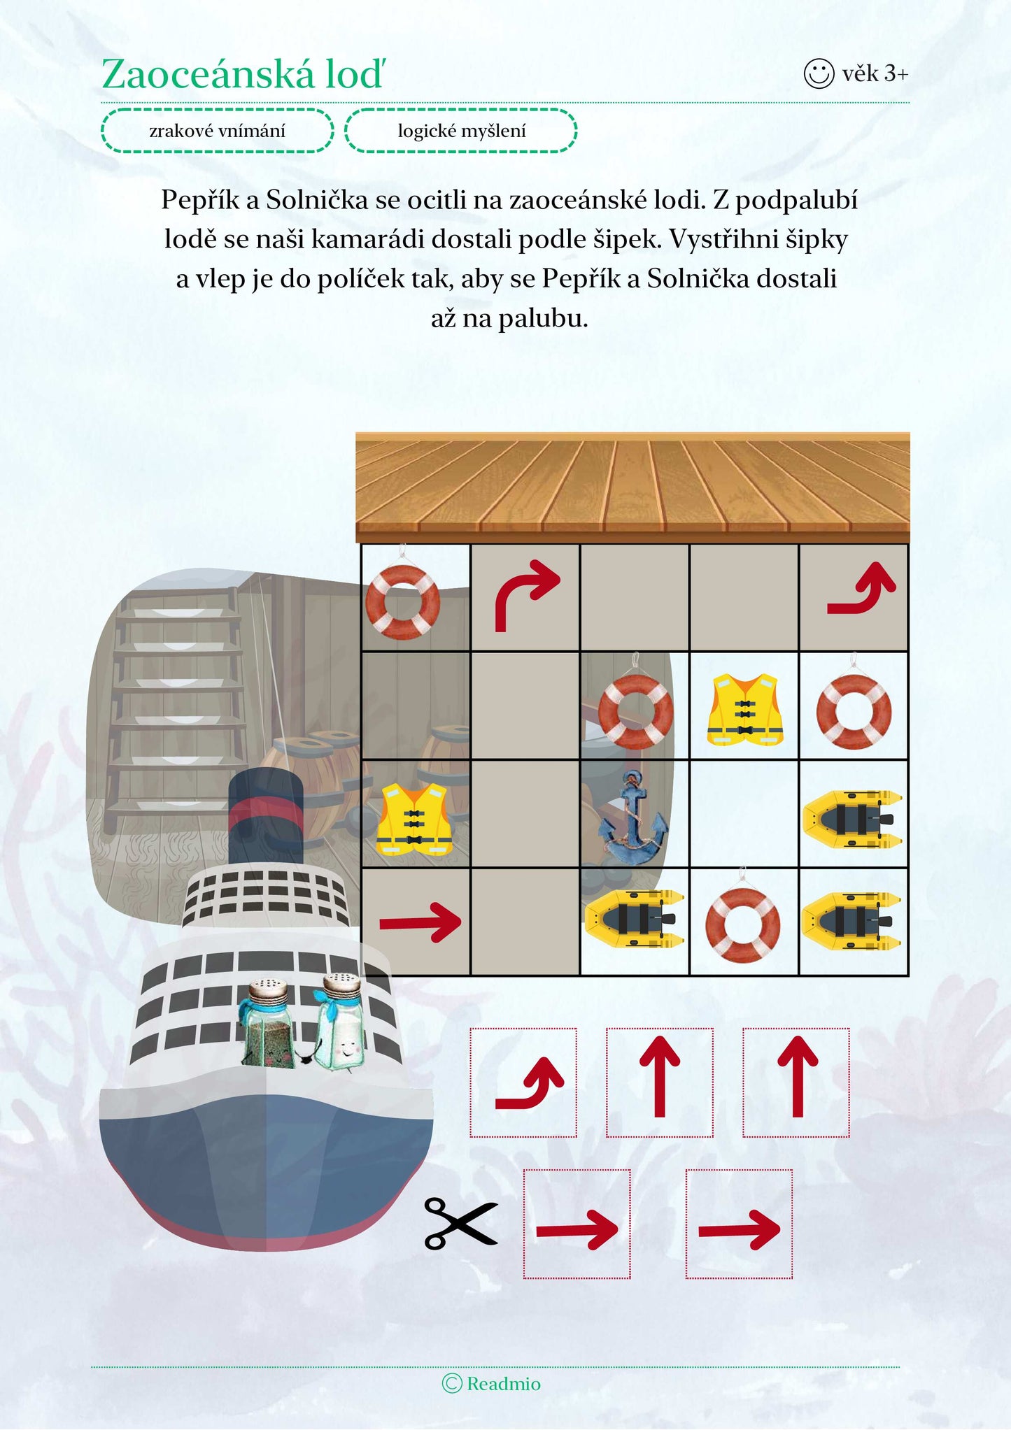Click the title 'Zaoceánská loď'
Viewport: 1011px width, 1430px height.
[243, 73]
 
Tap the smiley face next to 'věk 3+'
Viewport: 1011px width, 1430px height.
[819, 73]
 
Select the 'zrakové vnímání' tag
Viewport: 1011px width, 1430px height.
[218, 131]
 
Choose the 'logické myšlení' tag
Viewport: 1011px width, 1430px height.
[461, 131]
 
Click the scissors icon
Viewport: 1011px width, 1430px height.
[460, 1223]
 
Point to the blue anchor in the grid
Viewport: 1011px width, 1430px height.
[633, 817]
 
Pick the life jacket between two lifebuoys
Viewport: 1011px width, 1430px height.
[744, 709]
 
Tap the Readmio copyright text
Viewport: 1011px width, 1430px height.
[492, 1383]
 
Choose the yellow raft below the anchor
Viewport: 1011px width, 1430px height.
[634, 918]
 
